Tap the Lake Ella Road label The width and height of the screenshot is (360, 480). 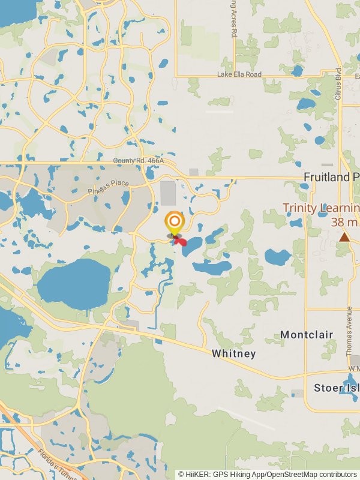point(239,74)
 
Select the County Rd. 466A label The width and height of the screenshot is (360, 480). point(143,161)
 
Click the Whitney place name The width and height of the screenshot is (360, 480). point(233,354)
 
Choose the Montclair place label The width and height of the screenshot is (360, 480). point(307,334)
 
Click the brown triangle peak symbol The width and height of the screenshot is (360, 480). point(344,238)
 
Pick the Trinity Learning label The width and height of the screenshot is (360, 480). point(321,208)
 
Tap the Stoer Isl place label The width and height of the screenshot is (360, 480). point(337,388)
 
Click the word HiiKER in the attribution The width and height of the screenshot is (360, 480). point(197,474)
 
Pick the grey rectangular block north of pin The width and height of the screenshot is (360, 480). point(168,194)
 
